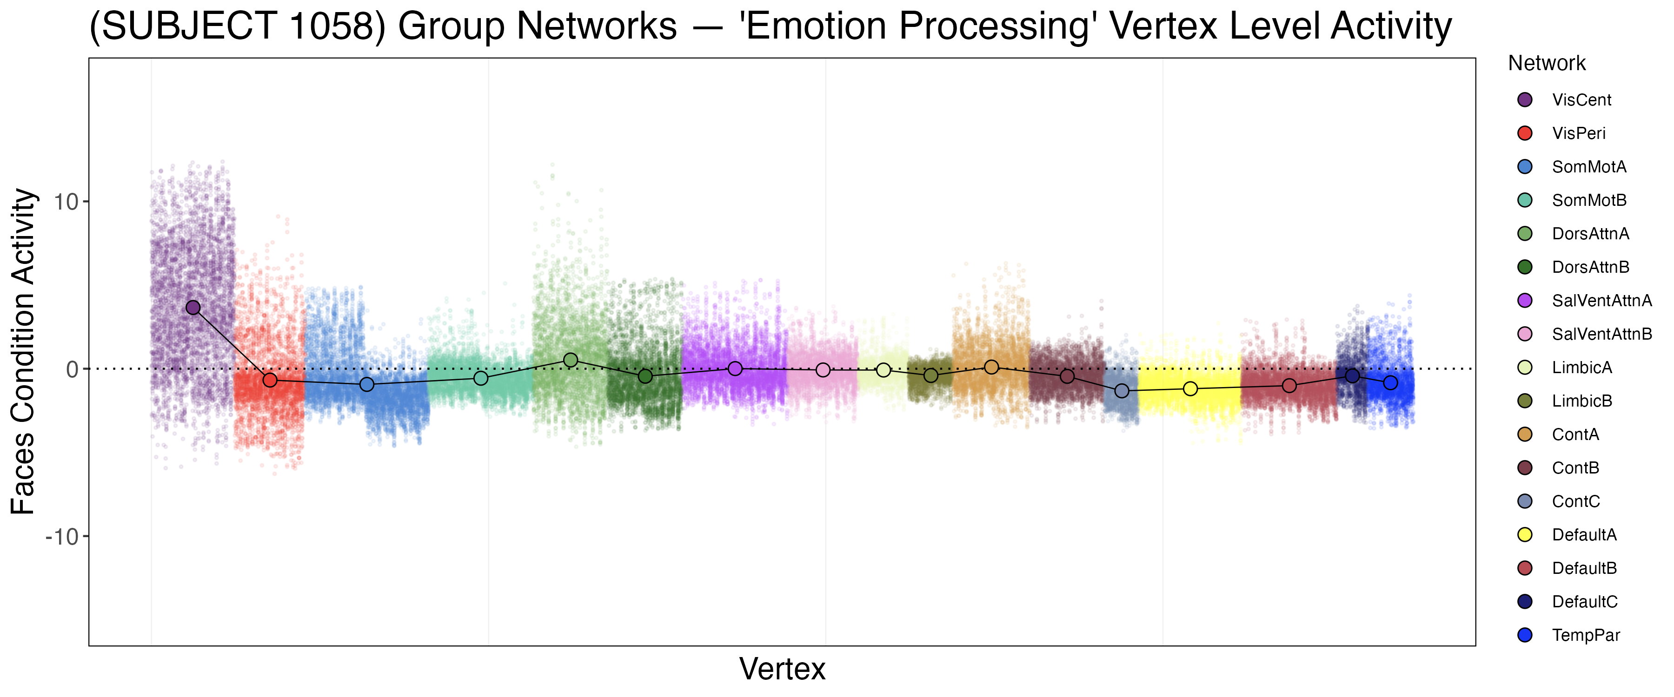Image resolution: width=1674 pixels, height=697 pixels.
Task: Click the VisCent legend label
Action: pyautogui.click(x=1581, y=100)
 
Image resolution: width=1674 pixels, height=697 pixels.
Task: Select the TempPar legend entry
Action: pyautogui.click(x=1586, y=635)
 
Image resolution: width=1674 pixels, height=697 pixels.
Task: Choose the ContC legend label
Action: pyautogui.click(x=1576, y=501)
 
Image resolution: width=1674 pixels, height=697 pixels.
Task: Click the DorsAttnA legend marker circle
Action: pyautogui.click(x=1525, y=234)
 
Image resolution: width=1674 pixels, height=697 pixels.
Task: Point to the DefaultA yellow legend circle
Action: pyautogui.click(x=1525, y=535)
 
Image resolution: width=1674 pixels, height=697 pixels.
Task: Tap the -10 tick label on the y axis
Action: pyautogui.click(x=62, y=537)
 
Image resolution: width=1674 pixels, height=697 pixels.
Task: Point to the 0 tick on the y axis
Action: pyautogui.click(x=72, y=369)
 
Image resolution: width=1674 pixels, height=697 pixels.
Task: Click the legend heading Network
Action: pyautogui.click(x=1547, y=63)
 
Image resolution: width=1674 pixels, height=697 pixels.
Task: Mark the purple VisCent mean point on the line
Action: pyautogui.click(x=193, y=307)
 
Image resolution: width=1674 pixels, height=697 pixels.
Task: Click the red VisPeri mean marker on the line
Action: pyautogui.click(x=270, y=380)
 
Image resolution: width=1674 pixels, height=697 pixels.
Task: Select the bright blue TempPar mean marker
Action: pyautogui.click(x=1390, y=382)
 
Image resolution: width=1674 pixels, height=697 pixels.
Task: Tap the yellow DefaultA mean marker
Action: pyautogui.click(x=1190, y=388)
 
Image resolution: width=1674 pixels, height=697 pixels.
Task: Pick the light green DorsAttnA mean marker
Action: pyautogui.click(x=571, y=360)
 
